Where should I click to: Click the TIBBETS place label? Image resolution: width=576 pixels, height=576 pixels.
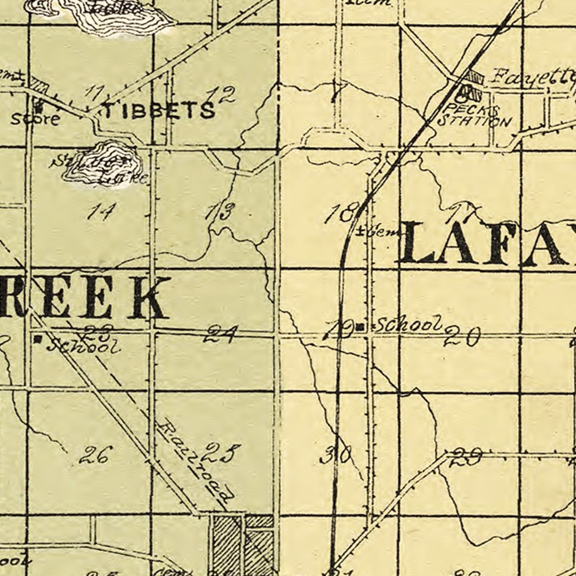(x=159, y=110)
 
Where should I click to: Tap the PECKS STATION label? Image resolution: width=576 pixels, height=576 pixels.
(x=474, y=116)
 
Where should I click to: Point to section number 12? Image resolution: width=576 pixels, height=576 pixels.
(x=222, y=95)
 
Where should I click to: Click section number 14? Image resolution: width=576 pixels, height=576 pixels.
(x=101, y=211)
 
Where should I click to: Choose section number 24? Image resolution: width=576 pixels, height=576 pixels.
(x=220, y=334)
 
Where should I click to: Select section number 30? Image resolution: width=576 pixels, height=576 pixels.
(x=335, y=455)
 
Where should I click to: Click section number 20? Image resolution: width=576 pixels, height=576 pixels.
(x=462, y=337)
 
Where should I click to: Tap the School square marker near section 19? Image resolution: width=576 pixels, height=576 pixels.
(x=360, y=327)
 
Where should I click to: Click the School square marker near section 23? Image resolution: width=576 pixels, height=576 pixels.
(x=38, y=339)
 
